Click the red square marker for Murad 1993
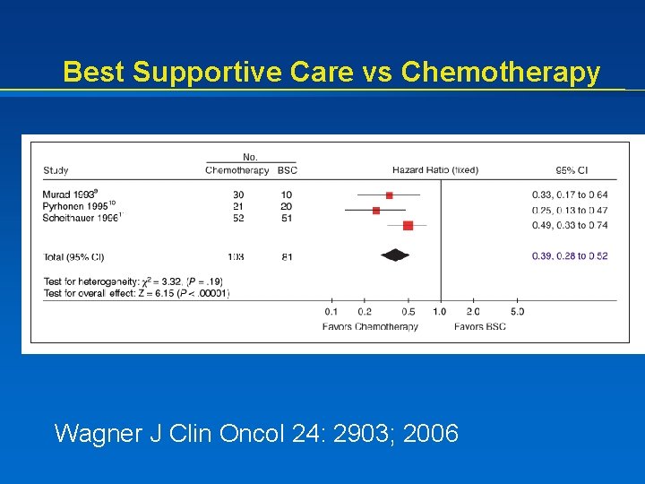click(x=390, y=194)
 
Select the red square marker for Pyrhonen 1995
click(x=376, y=211)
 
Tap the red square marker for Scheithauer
click(x=408, y=226)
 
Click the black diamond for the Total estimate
click(x=395, y=255)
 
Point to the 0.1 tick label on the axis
click(x=331, y=312)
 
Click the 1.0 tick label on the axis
click(x=439, y=312)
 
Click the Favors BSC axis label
click(x=479, y=326)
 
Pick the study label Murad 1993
click(x=70, y=194)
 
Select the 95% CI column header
click(x=572, y=170)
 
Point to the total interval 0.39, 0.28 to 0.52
click(x=570, y=256)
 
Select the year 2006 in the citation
click(x=431, y=435)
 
